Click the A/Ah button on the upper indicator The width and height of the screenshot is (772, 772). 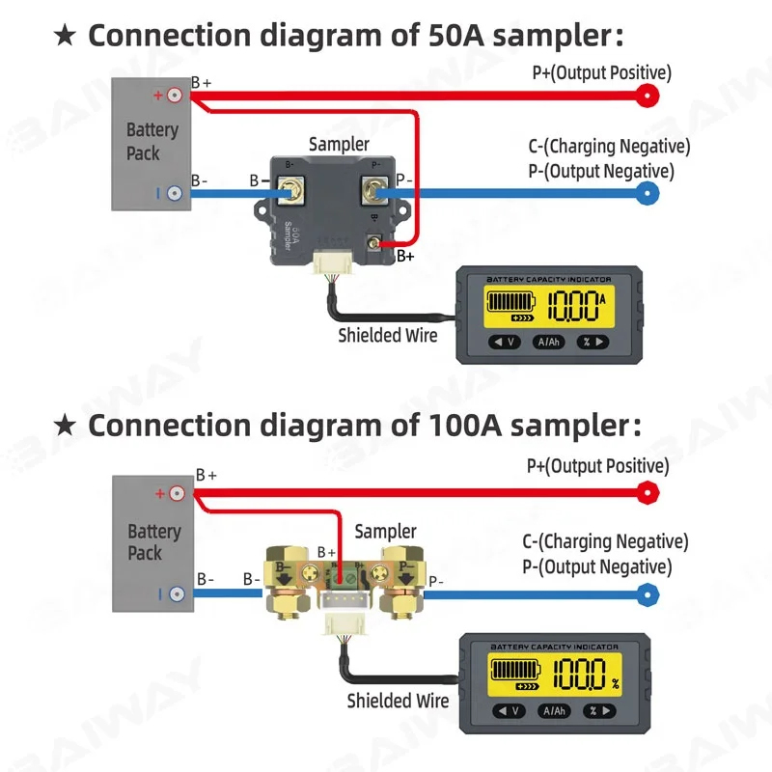pyautogui.click(x=549, y=342)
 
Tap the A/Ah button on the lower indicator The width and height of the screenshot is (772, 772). pyautogui.click(x=553, y=711)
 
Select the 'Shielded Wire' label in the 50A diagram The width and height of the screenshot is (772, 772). pyautogui.click(x=387, y=335)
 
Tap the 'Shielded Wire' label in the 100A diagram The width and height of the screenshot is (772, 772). pyautogui.click(x=398, y=701)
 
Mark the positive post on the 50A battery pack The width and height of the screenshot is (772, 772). pyautogui.click(x=174, y=96)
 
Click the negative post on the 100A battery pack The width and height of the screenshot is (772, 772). pyautogui.click(x=177, y=594)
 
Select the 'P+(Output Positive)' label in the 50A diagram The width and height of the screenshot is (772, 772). pyautogui.click(x=601, y=72)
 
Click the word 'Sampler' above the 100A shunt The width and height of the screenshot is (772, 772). pyautogui.click(x=385, y=531)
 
